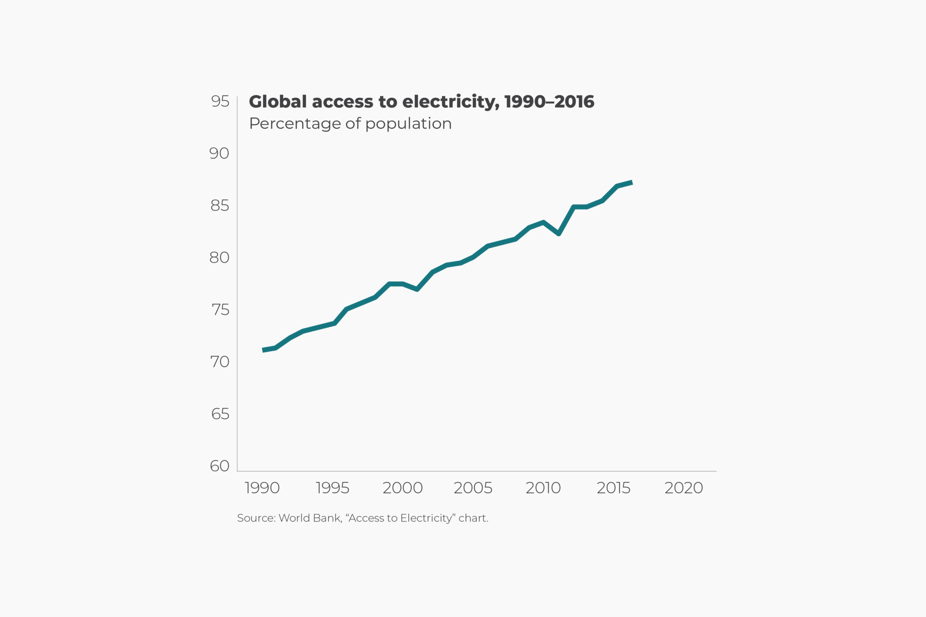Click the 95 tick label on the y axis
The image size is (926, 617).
click(x=220, y=101)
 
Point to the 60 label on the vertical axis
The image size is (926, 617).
click(x=220, y=466)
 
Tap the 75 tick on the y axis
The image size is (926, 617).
click(x=220, y=310)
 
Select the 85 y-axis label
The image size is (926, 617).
click(x=220, y=206)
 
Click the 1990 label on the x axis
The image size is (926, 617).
click(x=262, y=488)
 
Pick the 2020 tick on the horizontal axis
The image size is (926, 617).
click(x=684, y=488)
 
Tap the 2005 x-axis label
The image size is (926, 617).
click(x=473, y=488)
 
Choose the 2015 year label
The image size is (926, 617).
click(x=614, y=488)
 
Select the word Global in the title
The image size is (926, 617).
click(x=278, y=102)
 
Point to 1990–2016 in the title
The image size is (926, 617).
click(x=549, y=102)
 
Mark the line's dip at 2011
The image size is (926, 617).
click(x=559, y=234)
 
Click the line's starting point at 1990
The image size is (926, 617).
click(x=263, y=350)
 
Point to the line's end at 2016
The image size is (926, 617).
click(x=632, y=183)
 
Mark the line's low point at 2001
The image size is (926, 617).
click(x=417, y=289)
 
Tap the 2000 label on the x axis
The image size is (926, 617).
click(x=402, y=488)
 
